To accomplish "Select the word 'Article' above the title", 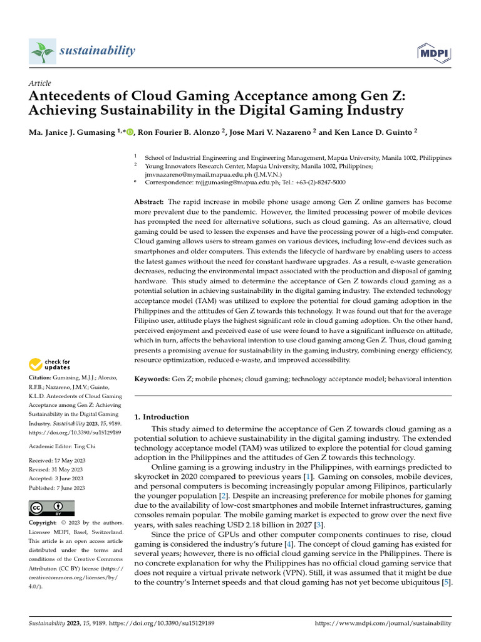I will tap(40, 83).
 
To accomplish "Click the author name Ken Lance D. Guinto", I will tap(366, 132).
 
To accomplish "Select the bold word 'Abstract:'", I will tap(149, 202).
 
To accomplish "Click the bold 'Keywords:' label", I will tap(152, 379).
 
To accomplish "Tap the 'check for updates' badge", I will tap(51, 364).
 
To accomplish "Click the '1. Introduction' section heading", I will tap(162, 417).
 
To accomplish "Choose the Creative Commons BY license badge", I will tap(51, 508).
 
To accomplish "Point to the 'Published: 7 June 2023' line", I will tap(58, 488).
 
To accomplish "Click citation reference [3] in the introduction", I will tap(320, 525).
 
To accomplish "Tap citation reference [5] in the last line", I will tap(445, 582).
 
